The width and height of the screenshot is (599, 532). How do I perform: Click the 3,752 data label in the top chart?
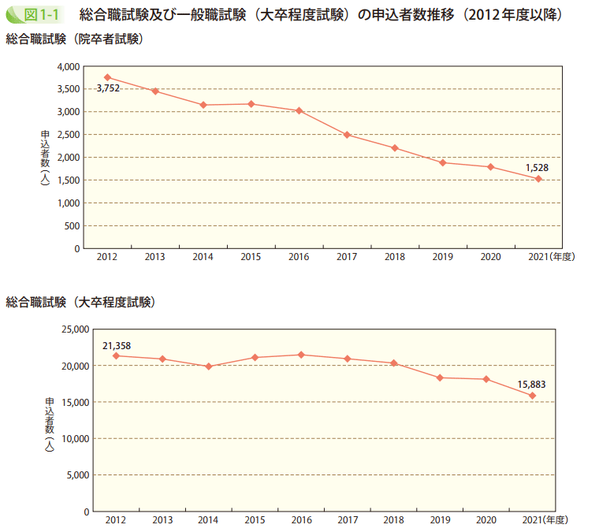[108, 88]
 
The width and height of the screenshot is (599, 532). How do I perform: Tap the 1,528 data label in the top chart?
[538, 167]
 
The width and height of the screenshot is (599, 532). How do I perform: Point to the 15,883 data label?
[531, 385]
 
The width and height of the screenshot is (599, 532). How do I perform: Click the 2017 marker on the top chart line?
[347, 135]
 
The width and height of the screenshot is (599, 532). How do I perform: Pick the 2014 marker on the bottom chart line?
[208, 366]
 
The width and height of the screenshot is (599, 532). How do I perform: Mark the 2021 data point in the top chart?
[538, 179]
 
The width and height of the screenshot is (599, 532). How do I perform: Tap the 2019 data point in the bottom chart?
[441, 378]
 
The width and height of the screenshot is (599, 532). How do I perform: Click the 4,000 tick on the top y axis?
[69, 66]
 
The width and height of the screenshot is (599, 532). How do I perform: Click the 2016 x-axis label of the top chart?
[299, 257]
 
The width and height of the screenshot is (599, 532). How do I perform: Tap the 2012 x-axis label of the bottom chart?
[116, 520]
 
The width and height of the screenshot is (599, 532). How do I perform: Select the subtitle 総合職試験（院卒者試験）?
[75, 39]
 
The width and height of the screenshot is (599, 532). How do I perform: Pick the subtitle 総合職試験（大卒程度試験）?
[80, 302]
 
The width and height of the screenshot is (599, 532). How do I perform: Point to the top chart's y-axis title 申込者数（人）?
[46, 158]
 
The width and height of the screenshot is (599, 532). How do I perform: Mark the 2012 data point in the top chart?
[107, 77]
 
